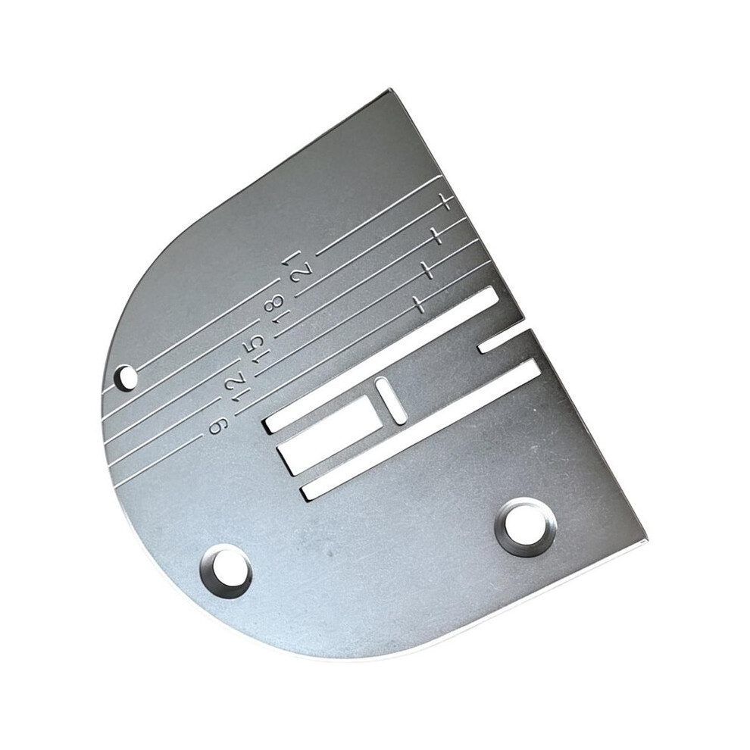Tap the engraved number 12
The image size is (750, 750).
click(238, 387)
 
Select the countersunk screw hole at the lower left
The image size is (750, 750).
click(226, 573)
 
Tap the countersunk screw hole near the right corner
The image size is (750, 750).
click(526, 527)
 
